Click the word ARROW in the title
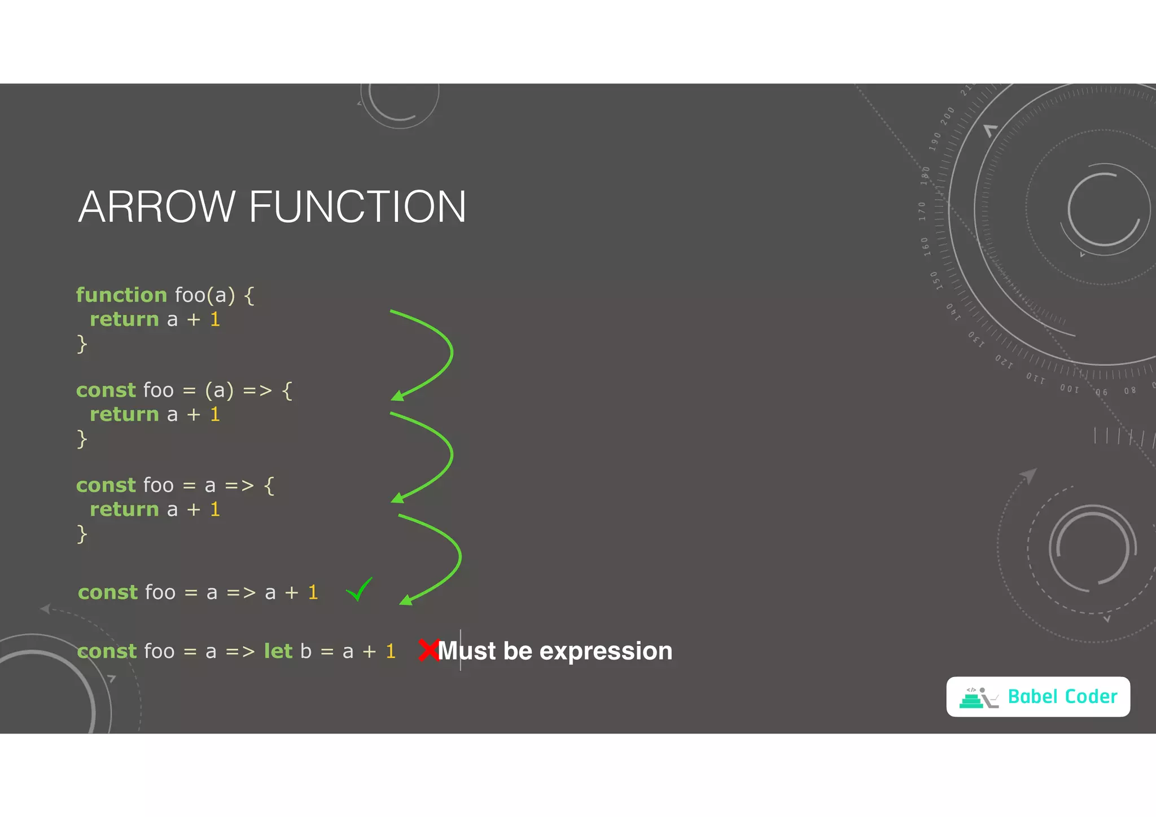(x=156, y=207)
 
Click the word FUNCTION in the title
(x=357, y=207)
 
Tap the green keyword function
(x=121, y=295)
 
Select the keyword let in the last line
(x=278, y=651)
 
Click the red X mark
(x=429, y=650)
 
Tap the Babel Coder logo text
(x=1062, y=697)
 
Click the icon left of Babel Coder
(x=978, y=698)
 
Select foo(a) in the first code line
(x=204, y=295)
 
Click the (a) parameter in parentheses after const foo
(x=219, y=390)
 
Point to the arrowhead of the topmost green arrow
(x=397, y=396)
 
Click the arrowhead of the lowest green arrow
(x=405, y=600)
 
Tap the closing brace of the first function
(x=82, y=344)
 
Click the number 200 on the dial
(x=947, y=116)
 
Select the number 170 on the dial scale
(x=922, y=211)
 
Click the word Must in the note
(x=467, y=651)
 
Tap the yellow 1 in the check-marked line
(x=313, y=592)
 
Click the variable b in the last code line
(x=306, y=651)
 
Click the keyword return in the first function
(x=124, y=319)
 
